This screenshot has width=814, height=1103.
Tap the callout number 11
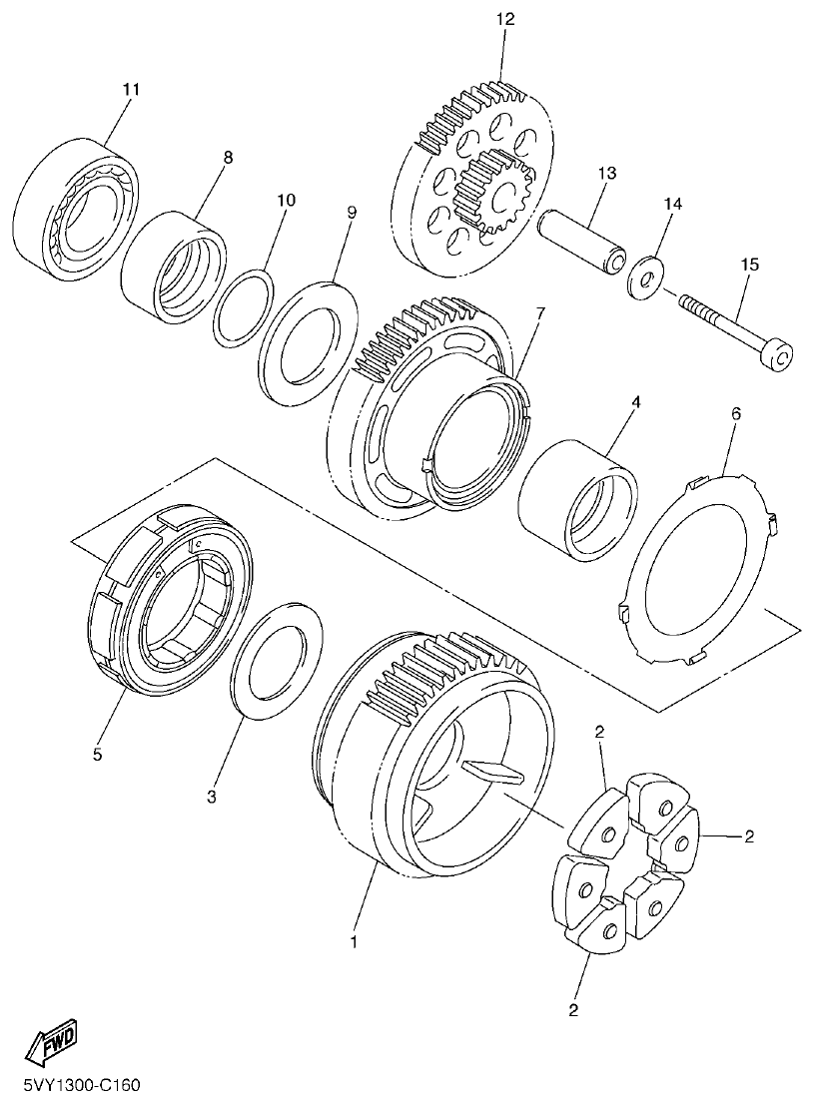(131, 90)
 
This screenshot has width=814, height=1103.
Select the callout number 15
(749, 265)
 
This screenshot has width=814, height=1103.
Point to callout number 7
(539, 313)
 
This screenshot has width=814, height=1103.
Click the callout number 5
(97, 755)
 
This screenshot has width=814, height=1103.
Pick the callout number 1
(352, 940)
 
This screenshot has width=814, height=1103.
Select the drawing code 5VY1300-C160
(80, 1083)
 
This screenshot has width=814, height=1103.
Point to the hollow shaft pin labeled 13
(581, 241)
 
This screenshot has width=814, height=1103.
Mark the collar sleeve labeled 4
(578, 498)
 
